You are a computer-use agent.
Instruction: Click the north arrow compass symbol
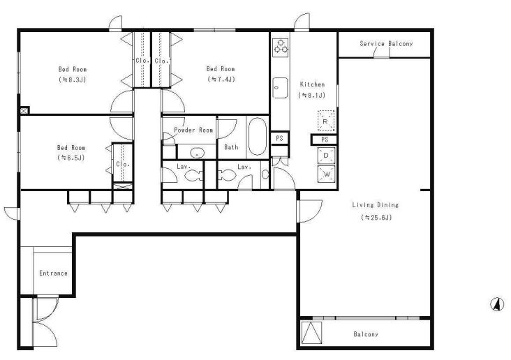pyautogui.click(x=497, y=304)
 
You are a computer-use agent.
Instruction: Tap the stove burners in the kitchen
pyautogui.click(x=281, y=46)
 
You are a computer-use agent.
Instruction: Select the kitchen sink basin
pyautogui.click(x=280, y=88)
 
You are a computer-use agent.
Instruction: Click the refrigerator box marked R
pyautogui.click(x=326, y=121)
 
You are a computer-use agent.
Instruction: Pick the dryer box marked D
pyautogui.click(x=326, y=156)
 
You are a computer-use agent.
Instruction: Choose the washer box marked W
pyautogui.click(x=326, y=174)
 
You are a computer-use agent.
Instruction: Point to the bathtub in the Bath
pyautogui.click(x=258, y=136)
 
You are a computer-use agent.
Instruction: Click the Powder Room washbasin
pyautogui.click(x=197, y=152)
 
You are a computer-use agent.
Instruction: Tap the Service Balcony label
pyautogui.click(x=386, y=44)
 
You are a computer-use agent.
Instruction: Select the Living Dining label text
pyautogui.click(x=376, y=205)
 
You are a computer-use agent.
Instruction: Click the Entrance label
pyautogui.click(x=54, y=273)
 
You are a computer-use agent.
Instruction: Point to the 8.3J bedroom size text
pyautogui.click(x=73, y=79)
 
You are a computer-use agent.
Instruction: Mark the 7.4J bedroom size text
pyautogui.click(x=221, y=79)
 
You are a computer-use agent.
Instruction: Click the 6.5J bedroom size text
pyautogui.click(x=71, y=158)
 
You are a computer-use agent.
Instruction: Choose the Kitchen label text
pyautogui.click(x=312, y=84)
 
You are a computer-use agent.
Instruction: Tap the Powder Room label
pyautogui.click(x=193, y=130)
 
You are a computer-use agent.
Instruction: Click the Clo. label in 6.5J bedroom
pyautogui.click(x=123, y=164)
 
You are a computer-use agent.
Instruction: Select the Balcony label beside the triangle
pyautogui.click(x=366, y=334)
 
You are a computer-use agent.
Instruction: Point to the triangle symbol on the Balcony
pyautogui.click(x=311, y=333)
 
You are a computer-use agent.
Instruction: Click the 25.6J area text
pyautogui.click(x=376, y=217)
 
